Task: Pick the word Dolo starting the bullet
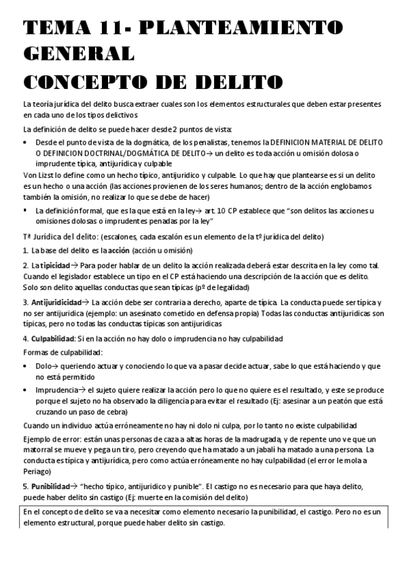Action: pyautogui.click(x=44, y=366)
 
